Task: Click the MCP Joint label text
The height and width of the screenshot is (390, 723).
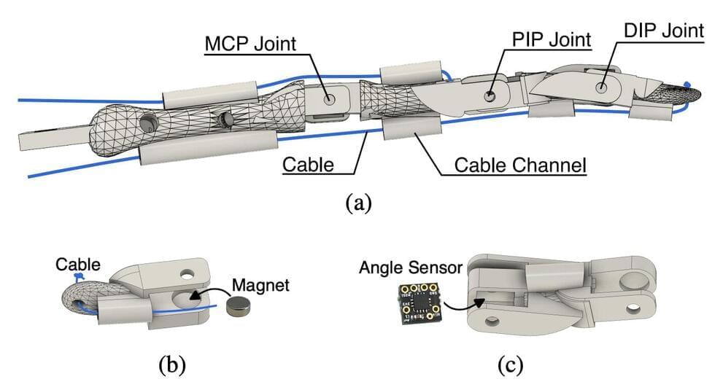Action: click(250, 44)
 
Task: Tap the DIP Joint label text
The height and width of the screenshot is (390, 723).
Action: click(664, 31)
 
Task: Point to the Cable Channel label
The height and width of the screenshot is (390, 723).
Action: click(520, 164)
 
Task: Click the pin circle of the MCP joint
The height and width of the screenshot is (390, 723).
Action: click(328, 98)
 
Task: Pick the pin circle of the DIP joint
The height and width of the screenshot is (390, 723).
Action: click(602, 87)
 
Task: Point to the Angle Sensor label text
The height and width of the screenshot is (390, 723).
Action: click(411, 268)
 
